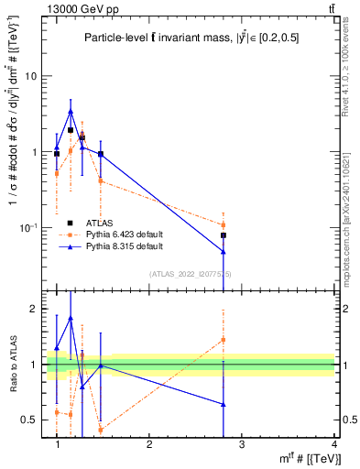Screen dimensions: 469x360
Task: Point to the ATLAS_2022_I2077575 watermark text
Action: pyautogui.click(x=191, y=274)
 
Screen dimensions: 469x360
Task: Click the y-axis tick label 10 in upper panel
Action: pyautogui.click(x=30, y=76)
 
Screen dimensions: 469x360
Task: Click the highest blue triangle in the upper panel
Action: pyautogui.click(x=71, y=112)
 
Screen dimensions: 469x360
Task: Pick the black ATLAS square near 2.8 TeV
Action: pyautogui.click(x=224, y=235)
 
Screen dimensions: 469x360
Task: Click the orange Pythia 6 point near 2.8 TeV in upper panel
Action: pyautogui.click(x=224, y=224)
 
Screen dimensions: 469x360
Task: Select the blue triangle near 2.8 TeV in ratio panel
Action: pyautogui.click(x=224, y=404)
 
